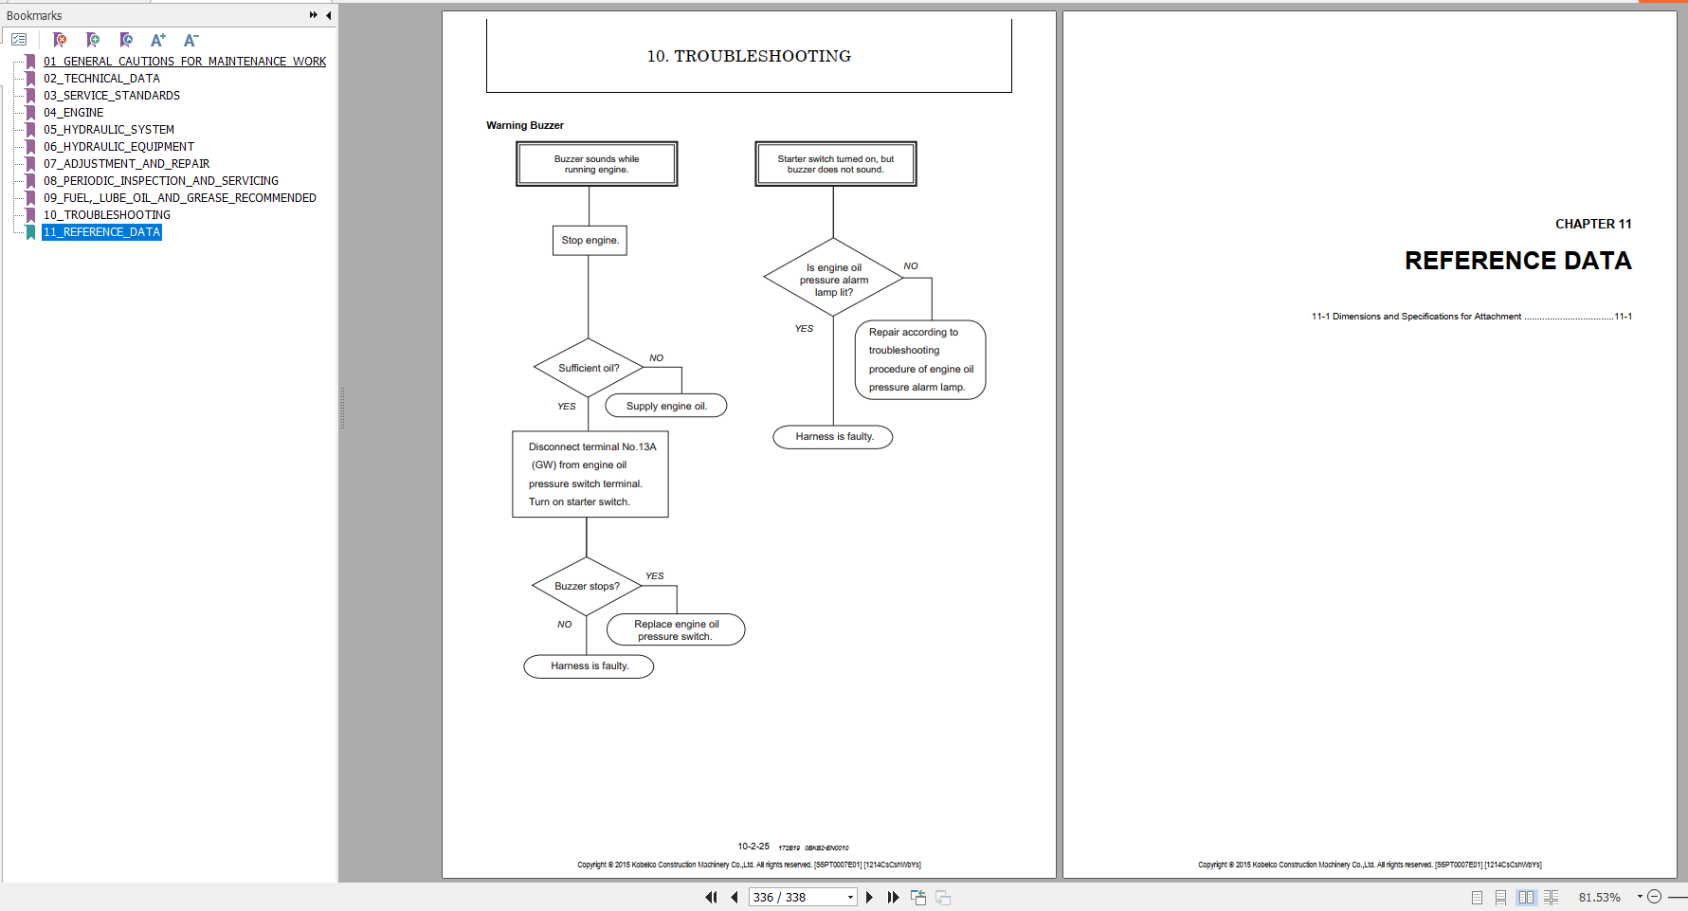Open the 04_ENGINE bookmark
tap(73, 113)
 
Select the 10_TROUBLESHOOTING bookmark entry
tap(106, 215)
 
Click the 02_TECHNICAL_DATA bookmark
tap(101, 79)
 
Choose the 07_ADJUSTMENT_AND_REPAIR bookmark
tap(126, 164)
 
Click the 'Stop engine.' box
tap(590, 241)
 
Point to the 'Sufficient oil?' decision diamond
tap(589, 368)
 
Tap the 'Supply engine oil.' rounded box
tap(666, 406)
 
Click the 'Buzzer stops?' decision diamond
tap(587, 586)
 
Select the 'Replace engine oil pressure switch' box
tap(676, 630)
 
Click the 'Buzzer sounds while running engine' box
tap(597, 164)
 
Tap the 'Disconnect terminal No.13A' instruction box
tap(590, 474)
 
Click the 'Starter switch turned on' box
tap(835, 164)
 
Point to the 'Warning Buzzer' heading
tap(525, 125)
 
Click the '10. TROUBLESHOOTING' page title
tap(749, 56)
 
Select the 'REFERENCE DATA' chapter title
tap(1517, 261)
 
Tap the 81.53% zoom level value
tap(1599, 897)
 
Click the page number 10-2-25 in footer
tap(753, 846)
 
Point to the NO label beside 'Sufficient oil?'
tap(656, 357)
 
